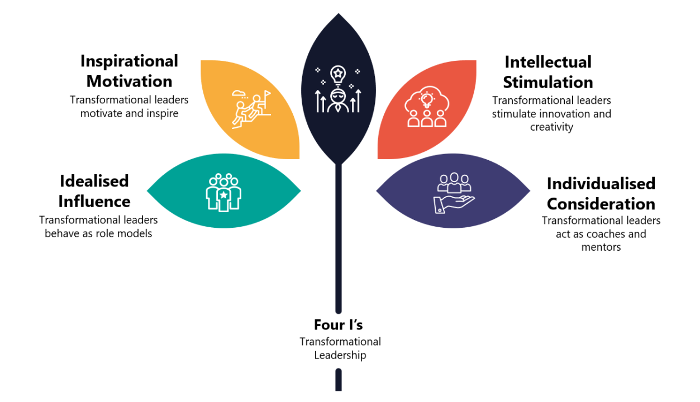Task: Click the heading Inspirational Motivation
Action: [129, 71]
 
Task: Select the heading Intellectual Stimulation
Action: [547, 72]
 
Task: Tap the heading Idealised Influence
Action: [94, 191]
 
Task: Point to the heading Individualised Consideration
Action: [601, 193]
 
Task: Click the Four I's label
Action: [339, 324]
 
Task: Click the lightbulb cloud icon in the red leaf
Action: [427, 107]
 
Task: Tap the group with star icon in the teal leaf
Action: [223, 192]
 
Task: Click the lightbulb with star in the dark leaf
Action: [338, 73]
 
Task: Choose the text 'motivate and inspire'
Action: [129, 113]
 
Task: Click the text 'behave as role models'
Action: [98, 233]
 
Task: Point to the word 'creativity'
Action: [551, 127]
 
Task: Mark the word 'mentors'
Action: [601, 247]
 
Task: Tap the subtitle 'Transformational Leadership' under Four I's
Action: [340, 348]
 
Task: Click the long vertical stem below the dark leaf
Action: [339, 240]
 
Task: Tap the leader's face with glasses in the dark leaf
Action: [338, 95]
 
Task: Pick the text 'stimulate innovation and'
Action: [551, 114]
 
